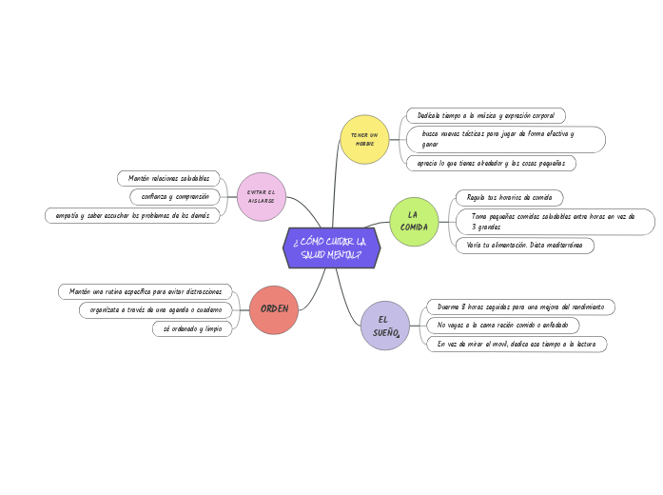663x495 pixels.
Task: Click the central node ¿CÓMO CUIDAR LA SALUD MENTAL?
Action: pos(332,248)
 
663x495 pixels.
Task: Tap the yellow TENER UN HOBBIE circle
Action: pos(364,140)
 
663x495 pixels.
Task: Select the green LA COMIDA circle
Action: pos(414,222)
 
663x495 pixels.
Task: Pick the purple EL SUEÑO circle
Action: pos(385,325)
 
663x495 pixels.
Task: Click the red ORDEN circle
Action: pos(274,309)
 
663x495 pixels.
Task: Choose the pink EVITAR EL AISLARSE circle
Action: pos(261,196)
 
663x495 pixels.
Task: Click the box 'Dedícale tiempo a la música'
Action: pos(485,115)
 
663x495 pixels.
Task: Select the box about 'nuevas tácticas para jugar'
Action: pos(505,139)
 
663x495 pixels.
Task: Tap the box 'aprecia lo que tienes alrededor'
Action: pos(490,164)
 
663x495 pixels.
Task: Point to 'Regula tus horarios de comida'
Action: pos(509,198)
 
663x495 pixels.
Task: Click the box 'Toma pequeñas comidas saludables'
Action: pos(555,222)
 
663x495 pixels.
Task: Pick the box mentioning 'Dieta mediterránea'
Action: pos(524,246)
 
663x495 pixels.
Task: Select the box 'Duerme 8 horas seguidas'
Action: pos(519,307)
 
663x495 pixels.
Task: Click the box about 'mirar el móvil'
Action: pos(516,344)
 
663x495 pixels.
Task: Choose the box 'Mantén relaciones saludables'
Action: pos(168,178)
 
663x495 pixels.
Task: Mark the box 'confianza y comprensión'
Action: pos(175,197)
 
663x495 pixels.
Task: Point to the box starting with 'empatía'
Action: pos(132,216)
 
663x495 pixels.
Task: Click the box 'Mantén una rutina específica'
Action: pos(146,291)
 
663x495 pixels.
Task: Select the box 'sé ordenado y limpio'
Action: pos(192,328)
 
